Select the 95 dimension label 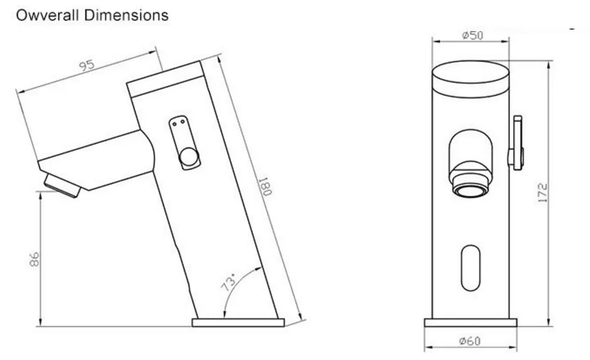click(x=87, y=66)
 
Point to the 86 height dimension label click(x=34, y=259)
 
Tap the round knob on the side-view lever click(x=188, y=157)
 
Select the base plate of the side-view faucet click(x=238, y=322)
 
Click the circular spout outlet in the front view click(x=470, y=185)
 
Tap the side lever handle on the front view click(x=517, y=139)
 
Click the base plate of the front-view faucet click(x=470, y=323)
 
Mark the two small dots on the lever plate click(x=180, y=122)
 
